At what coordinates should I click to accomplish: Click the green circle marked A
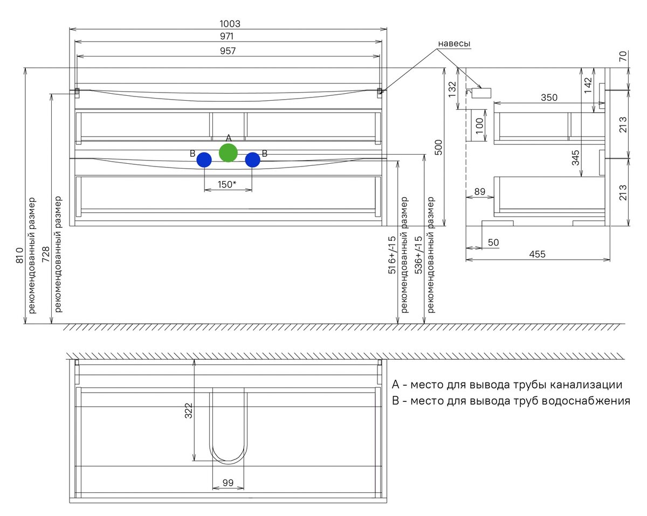[x=228, y=153]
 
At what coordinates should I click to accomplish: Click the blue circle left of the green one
[x=204, y=160]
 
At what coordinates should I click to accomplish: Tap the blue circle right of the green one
[x=252, y=160]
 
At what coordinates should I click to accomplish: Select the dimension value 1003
[x=230, y=24]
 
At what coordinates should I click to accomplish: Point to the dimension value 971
[x=230, y=37]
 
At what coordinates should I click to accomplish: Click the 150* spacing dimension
[x=227, y=184]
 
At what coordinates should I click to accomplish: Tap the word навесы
[x=453, y=43]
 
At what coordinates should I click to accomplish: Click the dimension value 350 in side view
[x=549, y=97]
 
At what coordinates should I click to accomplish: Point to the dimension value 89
[x=479, y=191]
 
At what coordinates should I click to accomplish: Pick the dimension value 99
[x=228, y=483]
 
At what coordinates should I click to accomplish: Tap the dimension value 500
[x=438, y=147]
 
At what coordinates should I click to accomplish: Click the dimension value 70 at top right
[x=623, y=57]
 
